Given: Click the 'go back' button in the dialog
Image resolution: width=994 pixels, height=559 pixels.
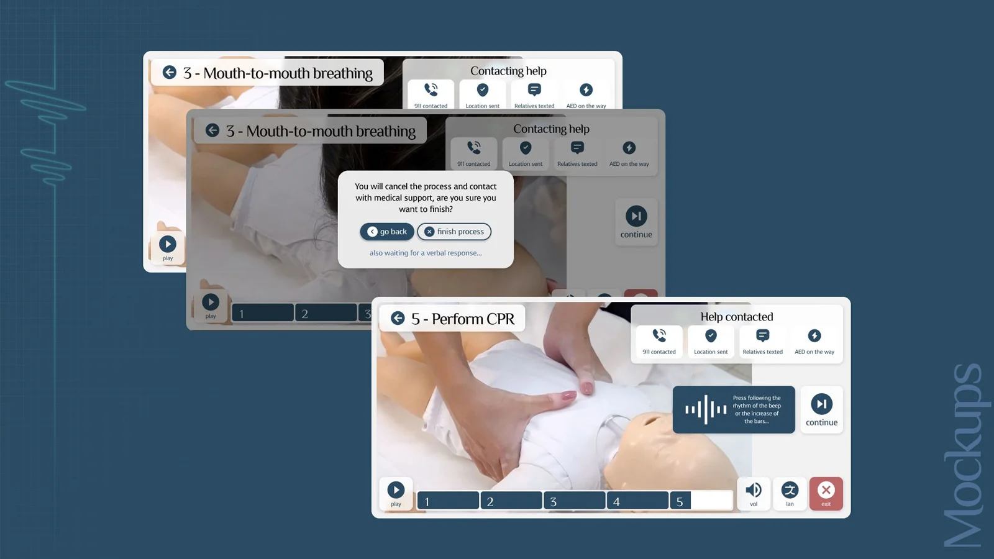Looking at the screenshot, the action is (387, 232).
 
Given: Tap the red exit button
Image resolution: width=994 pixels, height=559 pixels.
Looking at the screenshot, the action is (826, 493).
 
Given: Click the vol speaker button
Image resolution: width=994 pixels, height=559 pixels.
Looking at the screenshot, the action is (754, 493).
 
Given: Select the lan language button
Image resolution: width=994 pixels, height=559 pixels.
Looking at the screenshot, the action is (790, 493).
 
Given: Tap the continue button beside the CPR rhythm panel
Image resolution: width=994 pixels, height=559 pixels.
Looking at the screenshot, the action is (821, 409).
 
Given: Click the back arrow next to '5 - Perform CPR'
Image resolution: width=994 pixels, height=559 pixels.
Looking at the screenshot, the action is (398, 318).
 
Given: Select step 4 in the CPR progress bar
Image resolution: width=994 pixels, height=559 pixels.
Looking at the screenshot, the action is (637, 501).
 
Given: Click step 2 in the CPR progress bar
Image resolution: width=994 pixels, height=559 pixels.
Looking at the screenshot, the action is (511, 501).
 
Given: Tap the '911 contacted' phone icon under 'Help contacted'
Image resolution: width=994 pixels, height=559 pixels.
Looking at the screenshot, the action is (659, 335).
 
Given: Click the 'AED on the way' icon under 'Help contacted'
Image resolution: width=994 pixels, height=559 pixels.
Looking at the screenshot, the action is (814, 335).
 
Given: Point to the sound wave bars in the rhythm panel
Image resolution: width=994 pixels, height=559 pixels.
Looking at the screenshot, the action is (706, 409).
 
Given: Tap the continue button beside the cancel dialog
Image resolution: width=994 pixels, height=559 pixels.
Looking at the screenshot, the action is (636, 221).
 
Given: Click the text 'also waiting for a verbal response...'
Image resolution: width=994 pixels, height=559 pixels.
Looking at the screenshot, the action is (426, 253).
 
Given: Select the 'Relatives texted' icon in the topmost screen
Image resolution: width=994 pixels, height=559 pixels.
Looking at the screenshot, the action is (534, 89).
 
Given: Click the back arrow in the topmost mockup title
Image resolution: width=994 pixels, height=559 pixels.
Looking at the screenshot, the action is (169, 72).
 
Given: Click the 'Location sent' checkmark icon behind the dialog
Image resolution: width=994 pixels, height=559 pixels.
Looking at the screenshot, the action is (526, 148).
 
